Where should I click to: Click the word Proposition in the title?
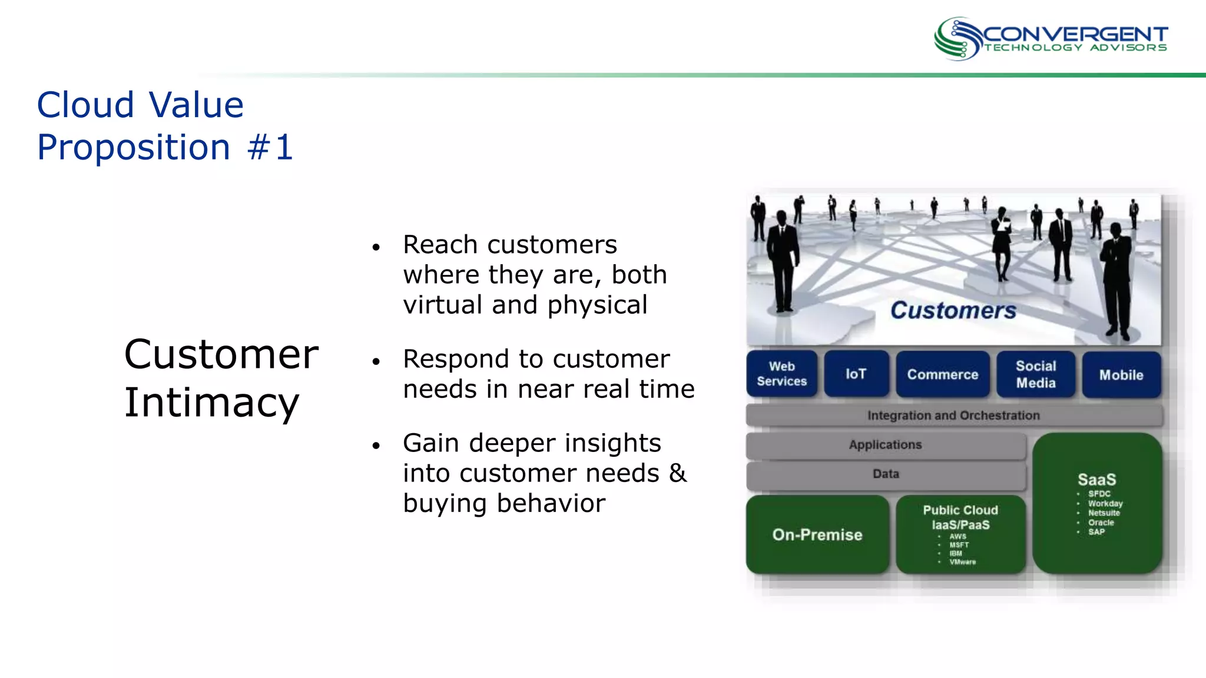pyautogui.click(x=134, y=147)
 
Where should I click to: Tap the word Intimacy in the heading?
pyautogui.click(x=211, y=403)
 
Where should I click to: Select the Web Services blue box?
pyautogui.click(x=781, y=374)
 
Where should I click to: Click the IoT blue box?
pyautogui.click(x=856, y=374)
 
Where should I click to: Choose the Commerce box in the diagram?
pyautogui.click(x=942, y=374)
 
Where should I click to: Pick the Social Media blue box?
pyautogui.click(x=1035, y=374)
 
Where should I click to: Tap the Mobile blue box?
pyautogui.click(x=1121, y=375)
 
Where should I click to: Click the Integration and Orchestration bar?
pyautogui.click(x=953, y=416)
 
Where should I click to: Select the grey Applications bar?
pyautogui.click(x=885, y=445)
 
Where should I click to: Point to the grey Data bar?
pyautogui.click(x=885, y=474)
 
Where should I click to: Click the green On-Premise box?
pyautogui.click(x=817, y=534)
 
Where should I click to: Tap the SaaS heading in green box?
pyautogui.click(x=1096, y=479)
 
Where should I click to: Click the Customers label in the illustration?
pyautogui.click(x=953, y=310)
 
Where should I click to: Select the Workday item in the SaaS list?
pyautogui.click(x=1105, y=504)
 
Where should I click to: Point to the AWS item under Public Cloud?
pyautogui.click(x=957, y=537)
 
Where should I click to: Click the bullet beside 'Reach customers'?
pyautogui.click(x=376, y=247)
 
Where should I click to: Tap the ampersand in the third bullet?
pyautogui.click(x=678, y=473)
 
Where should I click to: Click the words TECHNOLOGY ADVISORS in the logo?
pyautogui.click(x=1075, y=48)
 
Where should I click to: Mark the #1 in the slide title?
pyautogui.click(x=270, y=147)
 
